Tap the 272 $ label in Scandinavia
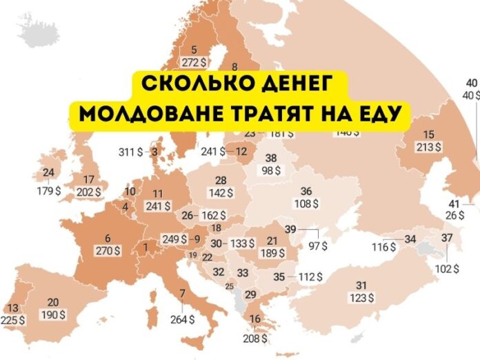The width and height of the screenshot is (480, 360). tap(193, 61)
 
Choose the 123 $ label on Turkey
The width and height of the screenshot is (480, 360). tap(361, 297)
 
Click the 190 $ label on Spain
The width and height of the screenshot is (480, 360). tap(52, 314)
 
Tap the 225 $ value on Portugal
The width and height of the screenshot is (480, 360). tap(13, 320)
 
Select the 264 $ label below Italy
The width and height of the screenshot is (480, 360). tap(182, 319)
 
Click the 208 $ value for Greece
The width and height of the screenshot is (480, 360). tap(256, 339)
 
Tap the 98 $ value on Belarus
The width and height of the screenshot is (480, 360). tap(270, 170)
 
